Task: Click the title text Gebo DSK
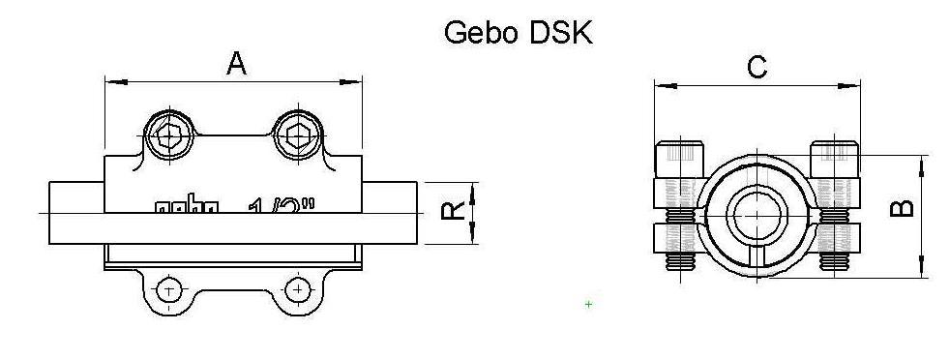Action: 518,31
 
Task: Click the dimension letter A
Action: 236,64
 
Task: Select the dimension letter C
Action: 757,67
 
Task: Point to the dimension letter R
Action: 452,209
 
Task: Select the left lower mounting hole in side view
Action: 169,290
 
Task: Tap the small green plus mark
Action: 588,305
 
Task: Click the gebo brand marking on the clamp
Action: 187,205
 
